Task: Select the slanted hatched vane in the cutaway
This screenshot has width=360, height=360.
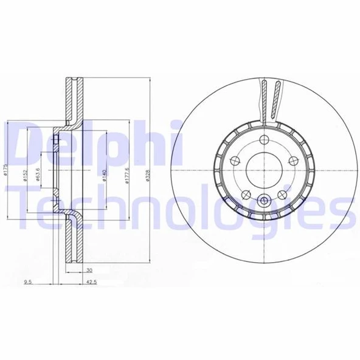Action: click(x=277, y=100)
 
